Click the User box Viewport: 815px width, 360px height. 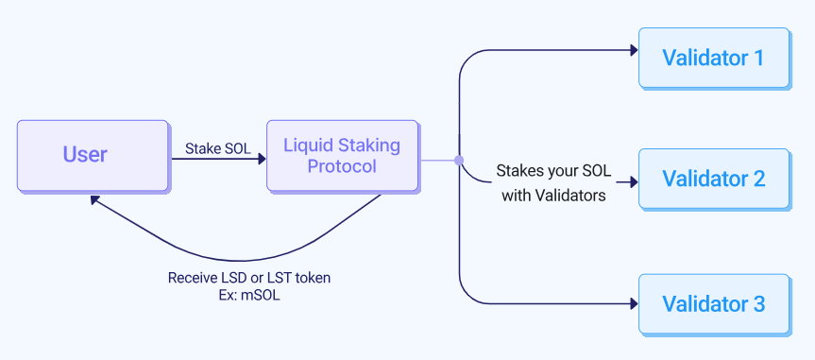pyautogui.click(x=85, y=155)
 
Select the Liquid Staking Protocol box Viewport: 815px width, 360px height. pyautogui.click(x=342, y=155)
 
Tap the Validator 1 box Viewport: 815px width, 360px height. pyautogui.click(x=713, y=58)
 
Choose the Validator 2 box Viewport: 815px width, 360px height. pyautogui.click(x=713, y=178)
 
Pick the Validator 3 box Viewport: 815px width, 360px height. pyautogui.click(x=713, y=304)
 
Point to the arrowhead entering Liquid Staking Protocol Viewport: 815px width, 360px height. pyautogui.click(x=261, y=160)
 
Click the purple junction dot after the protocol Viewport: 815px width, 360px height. pyautogui.click(x=459, y=160)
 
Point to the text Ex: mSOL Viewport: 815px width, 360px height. pyautogui.click(x=248, y=295)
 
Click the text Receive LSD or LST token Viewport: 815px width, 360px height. pyautogui.click(x=249, y=278)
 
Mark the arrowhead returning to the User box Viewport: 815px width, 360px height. pyautogui.click(x=93, y=200)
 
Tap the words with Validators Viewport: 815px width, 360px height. pyautogui.click(x=553, y=197)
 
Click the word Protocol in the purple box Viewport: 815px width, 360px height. pyautogui.click(x=342, y=167)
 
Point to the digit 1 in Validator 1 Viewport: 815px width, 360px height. pyautogui.click(x=757, y=58)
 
